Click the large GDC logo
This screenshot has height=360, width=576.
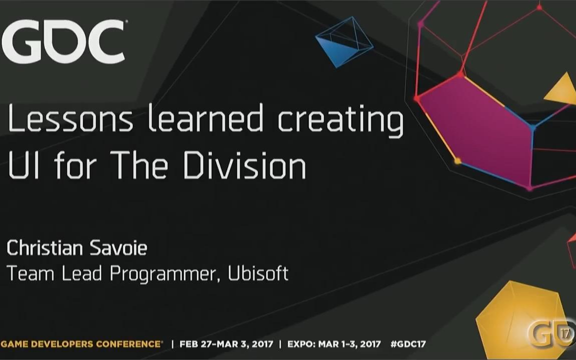(63, 41)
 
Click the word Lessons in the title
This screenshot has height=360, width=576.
(70, 118)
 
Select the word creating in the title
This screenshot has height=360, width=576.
(340, 121)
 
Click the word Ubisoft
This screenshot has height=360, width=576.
(258, 273)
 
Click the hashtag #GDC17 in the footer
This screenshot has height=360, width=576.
(408, 344)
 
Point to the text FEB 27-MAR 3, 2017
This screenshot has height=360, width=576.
(226, 344)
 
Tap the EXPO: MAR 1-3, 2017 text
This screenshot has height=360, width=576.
(334, 344)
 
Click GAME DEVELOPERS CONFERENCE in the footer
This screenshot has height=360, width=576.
(81, 344)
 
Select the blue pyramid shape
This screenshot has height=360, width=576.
(344, 41)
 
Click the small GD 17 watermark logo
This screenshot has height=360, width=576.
(550, 333)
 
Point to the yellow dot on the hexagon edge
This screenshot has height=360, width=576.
(457, 161)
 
